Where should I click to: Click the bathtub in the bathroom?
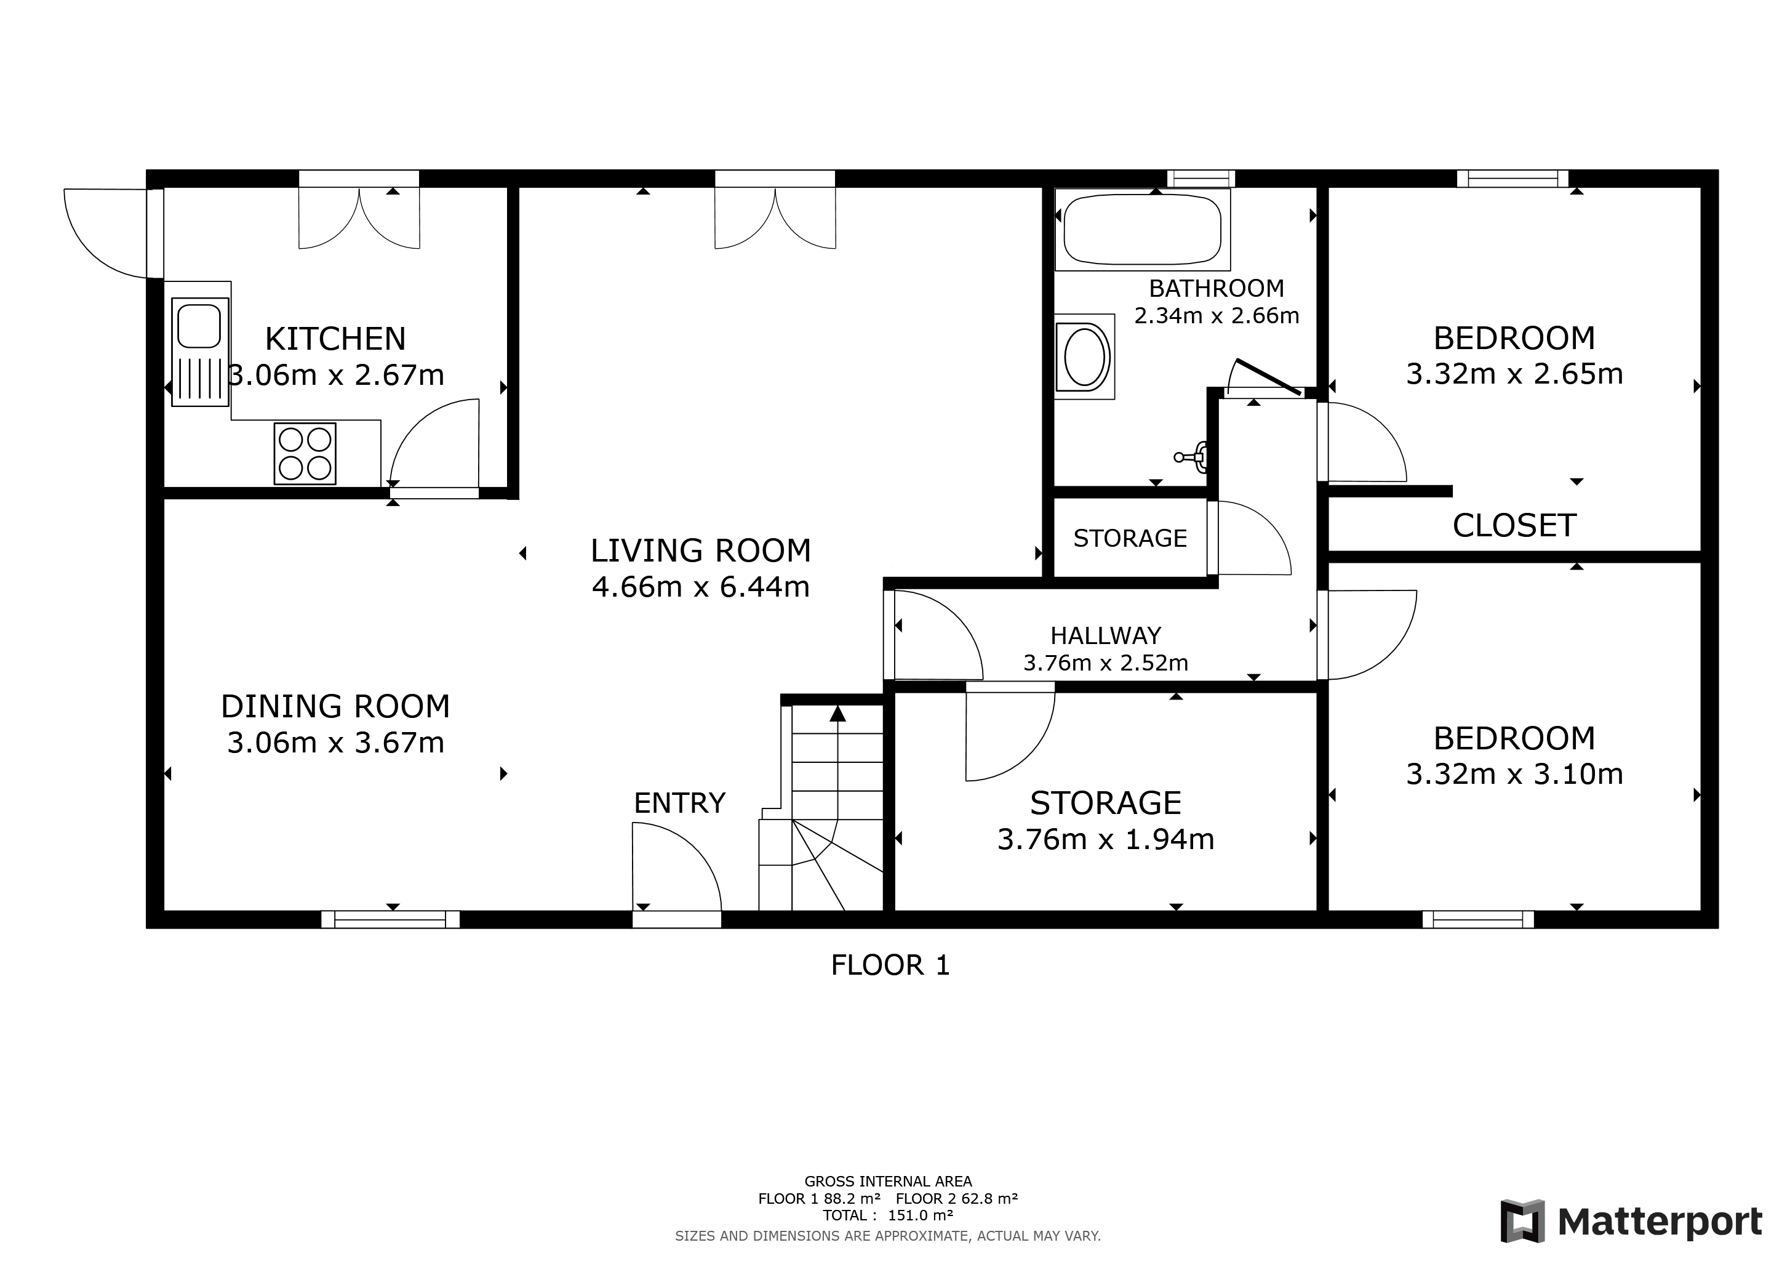[x=1141, y=229]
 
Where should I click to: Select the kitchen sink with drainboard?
[x=200, y=352]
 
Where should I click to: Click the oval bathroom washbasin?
[x=1084, y=357]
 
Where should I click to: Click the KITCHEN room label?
[x=335, y=339]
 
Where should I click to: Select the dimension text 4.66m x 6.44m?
[x=700, y=587]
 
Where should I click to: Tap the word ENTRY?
[x=679, y=803]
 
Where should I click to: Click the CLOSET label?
[x=1514, y=526]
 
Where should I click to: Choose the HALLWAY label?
[x=1105, y=636]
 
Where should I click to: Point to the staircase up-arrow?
[x=837, y=713]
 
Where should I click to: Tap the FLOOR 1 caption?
[x=890, y=965]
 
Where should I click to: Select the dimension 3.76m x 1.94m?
[x=1105, y=839]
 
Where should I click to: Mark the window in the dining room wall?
[x=390, y=919]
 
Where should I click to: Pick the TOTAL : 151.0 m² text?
[x=888, y=1215]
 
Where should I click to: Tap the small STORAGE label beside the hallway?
[x=1129, y=538]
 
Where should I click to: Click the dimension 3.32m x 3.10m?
[x=1514, y=774]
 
